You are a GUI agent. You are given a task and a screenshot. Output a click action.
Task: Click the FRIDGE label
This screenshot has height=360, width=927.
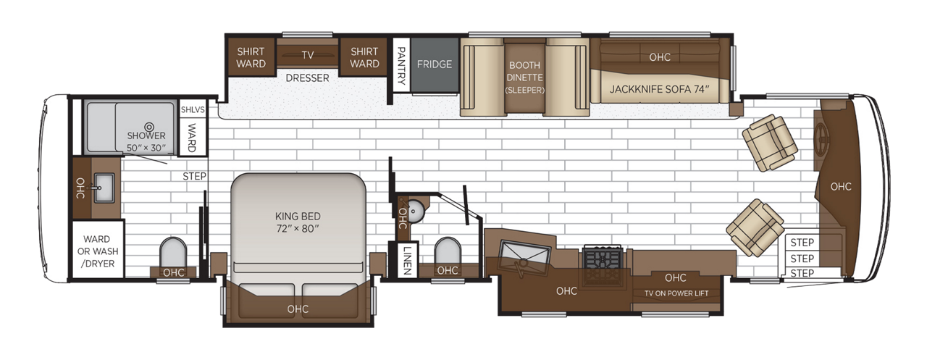click(434, 64)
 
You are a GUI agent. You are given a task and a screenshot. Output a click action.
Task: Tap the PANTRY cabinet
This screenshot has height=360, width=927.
click(401, 65)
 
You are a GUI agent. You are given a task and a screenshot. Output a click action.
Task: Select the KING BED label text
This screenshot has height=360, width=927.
click(298, 216)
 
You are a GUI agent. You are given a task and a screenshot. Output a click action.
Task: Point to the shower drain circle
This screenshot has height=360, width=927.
click(149, 127)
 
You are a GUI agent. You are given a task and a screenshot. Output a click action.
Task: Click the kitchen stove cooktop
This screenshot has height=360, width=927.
click(602, 265)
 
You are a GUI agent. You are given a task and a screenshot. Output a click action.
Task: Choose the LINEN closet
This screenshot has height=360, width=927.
click(407, 259)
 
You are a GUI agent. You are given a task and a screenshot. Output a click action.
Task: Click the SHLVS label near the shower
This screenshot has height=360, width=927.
click(193, 109)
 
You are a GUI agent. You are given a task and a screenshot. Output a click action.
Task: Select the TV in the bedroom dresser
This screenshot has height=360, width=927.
click(307, 55)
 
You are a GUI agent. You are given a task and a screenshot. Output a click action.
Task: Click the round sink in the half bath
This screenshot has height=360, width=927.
click(414, 212)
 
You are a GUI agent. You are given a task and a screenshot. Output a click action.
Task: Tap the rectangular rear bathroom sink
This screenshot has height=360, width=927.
click(104, 188)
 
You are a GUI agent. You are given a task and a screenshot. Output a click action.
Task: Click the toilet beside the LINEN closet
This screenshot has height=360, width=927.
click(448, 251)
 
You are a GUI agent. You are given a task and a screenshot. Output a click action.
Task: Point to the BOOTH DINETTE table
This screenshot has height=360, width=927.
click(524, 78)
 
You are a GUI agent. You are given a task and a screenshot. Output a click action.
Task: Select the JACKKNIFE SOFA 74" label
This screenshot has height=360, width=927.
click(659, 89)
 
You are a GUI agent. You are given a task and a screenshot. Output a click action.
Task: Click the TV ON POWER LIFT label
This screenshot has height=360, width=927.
click(676, 293)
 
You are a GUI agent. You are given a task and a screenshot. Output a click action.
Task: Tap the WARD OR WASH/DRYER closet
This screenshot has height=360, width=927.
click(98, 249)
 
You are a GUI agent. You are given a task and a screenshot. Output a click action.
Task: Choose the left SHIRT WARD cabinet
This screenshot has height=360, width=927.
click(251, 57)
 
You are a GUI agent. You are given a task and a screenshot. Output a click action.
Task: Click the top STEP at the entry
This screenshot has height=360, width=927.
click(802, 243)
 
